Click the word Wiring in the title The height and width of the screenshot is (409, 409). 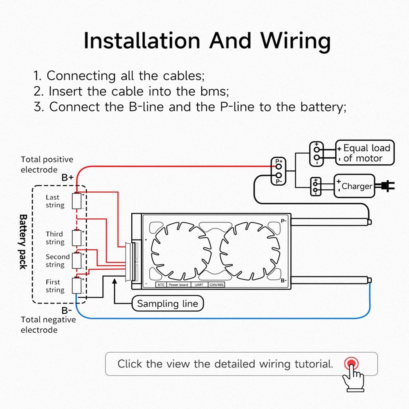[296, 41]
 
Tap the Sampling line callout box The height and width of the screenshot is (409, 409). [167, 303]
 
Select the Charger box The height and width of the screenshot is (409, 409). [354, 186]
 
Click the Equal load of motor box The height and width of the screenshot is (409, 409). [365, 153]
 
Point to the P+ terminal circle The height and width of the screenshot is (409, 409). [279, 166]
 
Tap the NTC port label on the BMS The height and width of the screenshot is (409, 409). [161, 285]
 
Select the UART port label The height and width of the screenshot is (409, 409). [199, 285]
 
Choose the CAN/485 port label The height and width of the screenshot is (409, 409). [216, 285]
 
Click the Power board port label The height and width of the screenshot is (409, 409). [178, 285]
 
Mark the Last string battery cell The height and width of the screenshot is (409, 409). [77, 200]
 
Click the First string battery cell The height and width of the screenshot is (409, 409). [77, 285]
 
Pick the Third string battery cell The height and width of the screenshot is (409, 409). [77, 238]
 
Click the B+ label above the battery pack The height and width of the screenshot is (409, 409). [67, 178]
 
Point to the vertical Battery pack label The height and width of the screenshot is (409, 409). [23, 242]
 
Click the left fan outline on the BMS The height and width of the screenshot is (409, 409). [181, 251]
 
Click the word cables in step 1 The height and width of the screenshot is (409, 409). [184, 76]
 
